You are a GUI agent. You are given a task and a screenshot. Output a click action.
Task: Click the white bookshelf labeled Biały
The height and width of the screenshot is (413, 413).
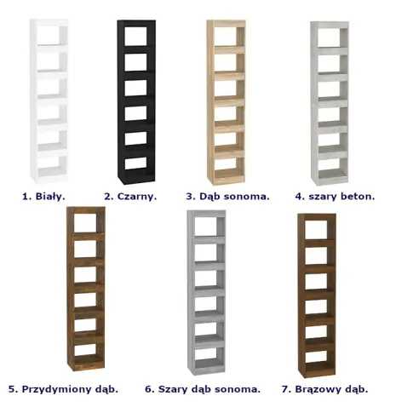pos(49,101)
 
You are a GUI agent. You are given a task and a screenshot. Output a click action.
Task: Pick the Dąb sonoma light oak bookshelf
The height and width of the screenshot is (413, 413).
pos(226,102)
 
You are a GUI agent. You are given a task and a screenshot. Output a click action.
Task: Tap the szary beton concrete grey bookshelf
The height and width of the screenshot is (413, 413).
pos(330,103)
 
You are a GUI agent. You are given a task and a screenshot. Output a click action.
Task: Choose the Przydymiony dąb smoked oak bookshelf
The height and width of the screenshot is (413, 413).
pos(86,289)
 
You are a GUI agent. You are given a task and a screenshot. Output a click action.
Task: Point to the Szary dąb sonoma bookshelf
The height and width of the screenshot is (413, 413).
pos(206,293)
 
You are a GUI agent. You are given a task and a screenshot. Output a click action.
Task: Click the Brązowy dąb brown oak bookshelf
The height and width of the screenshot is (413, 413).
pos(317,295)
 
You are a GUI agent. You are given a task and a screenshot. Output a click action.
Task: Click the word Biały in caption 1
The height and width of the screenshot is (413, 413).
pos(50,197)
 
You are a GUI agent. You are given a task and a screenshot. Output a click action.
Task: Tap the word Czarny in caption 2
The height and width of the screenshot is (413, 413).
pos(137,197)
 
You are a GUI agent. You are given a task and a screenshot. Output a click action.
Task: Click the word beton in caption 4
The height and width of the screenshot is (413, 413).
pos(358,196)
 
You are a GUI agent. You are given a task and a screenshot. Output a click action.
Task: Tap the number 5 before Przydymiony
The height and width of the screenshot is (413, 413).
pos(13,389)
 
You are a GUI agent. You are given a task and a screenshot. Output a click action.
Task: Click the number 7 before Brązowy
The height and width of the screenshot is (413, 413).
pos(286,389)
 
